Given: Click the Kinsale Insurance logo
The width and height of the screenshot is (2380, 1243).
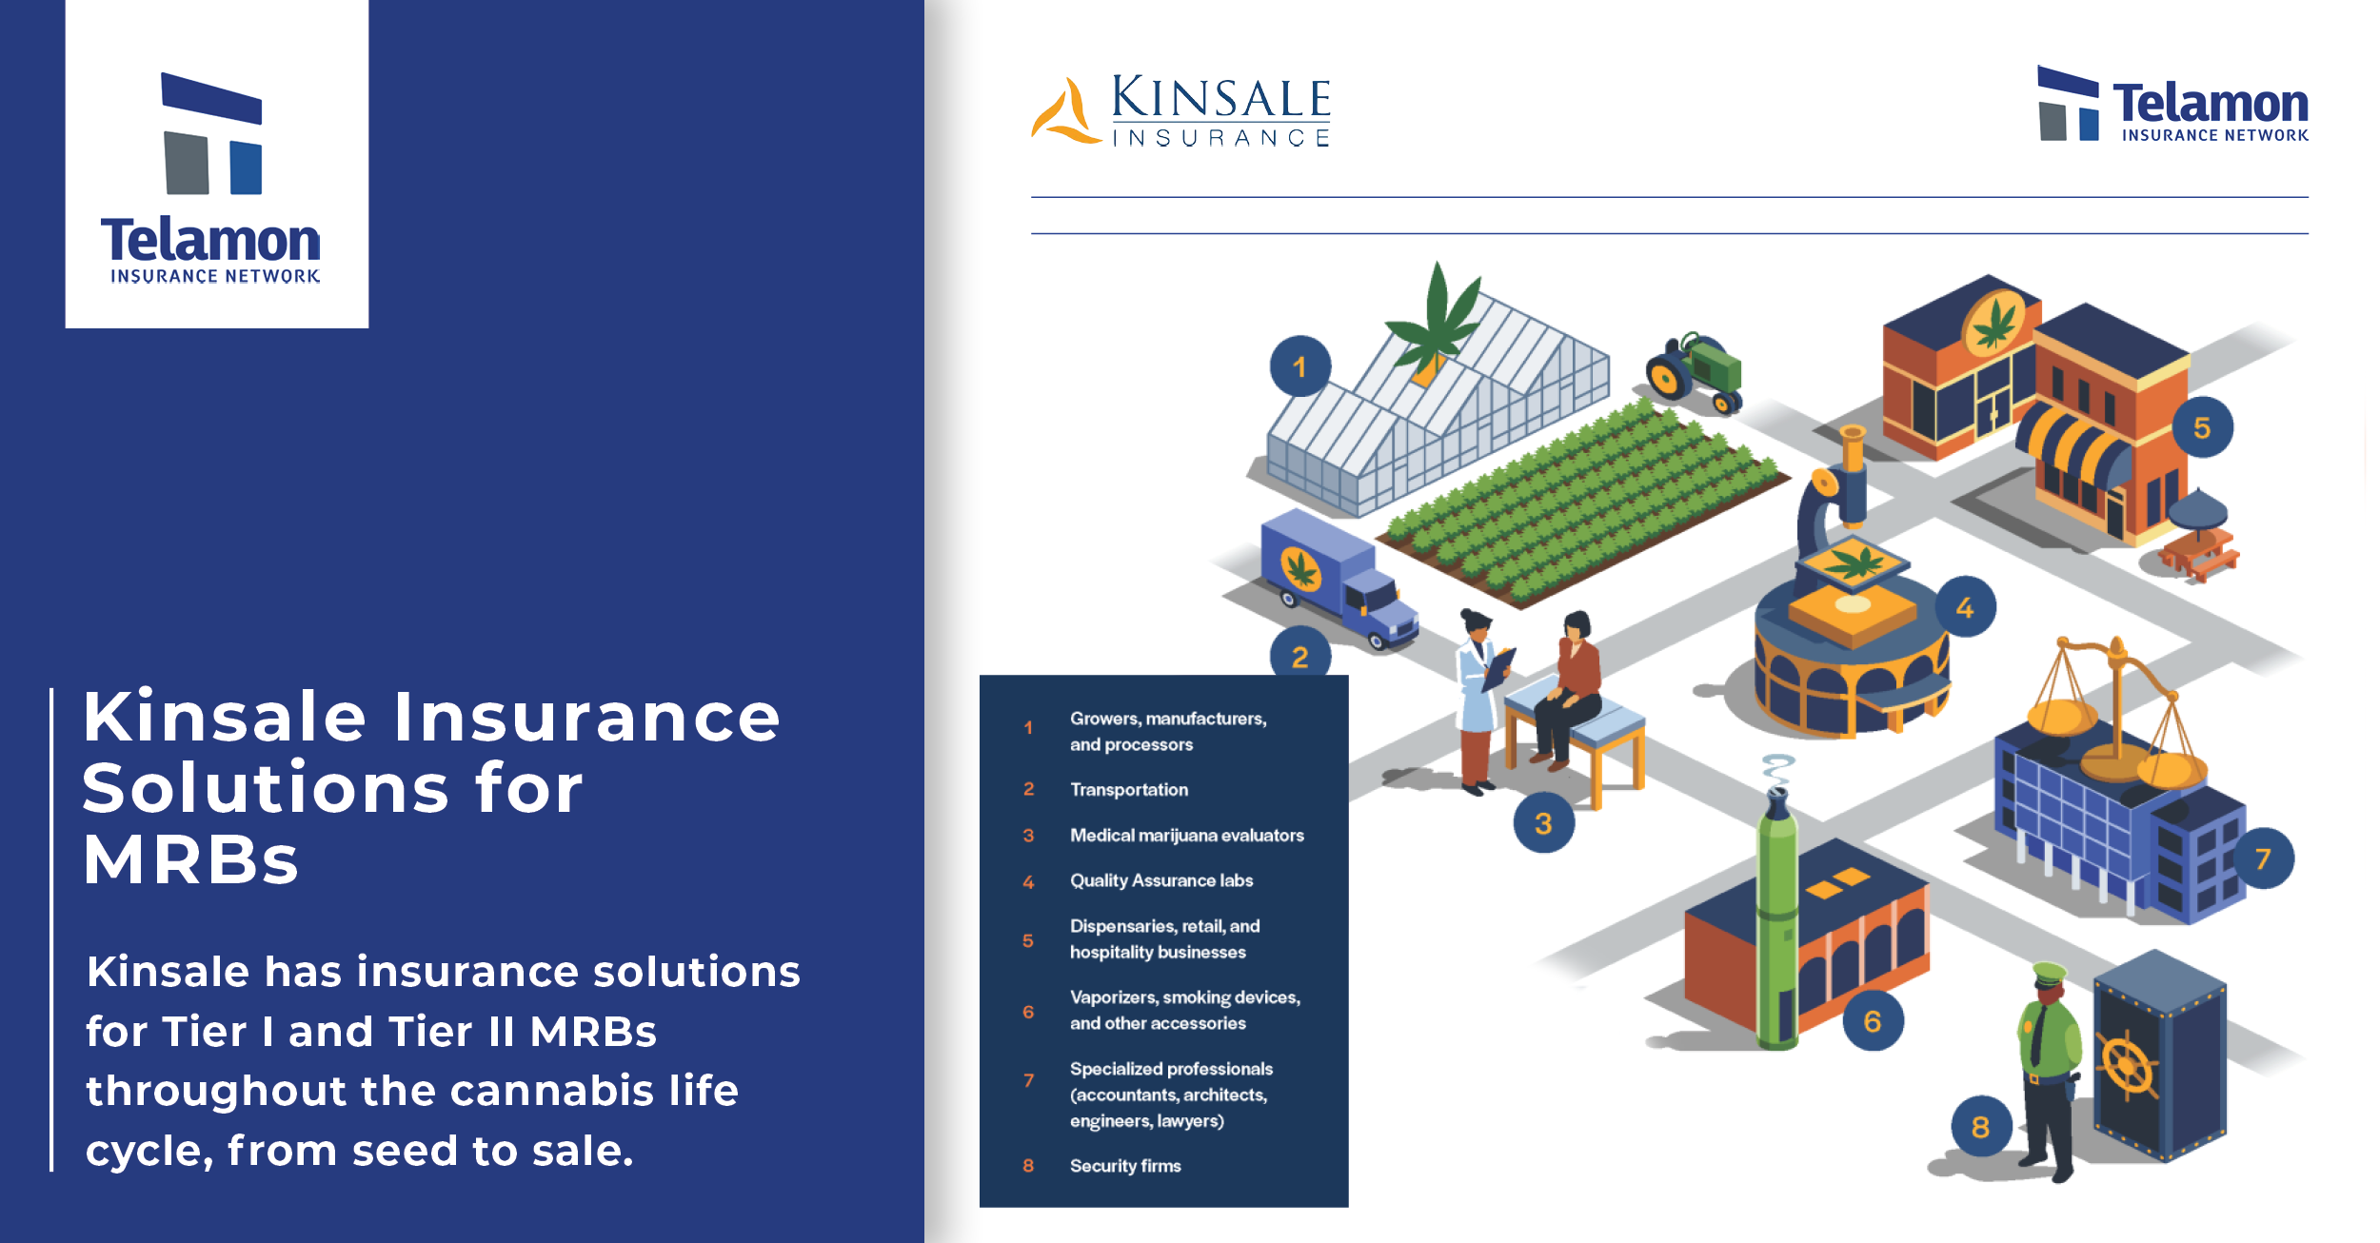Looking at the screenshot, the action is [1181, 110].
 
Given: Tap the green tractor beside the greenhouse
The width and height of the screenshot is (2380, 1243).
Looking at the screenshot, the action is [1695, 374].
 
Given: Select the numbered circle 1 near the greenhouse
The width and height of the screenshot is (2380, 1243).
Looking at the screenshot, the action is [1300, 366].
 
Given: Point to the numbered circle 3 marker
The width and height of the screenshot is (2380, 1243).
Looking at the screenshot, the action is [1543, 822].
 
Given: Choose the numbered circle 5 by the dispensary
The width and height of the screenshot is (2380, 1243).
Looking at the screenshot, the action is [2202, 427].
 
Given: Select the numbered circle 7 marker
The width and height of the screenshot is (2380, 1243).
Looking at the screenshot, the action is [2263, 858].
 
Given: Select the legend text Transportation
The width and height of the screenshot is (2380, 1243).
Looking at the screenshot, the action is [1129, 789].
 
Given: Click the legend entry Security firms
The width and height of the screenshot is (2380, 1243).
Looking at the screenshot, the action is [1125, 1166].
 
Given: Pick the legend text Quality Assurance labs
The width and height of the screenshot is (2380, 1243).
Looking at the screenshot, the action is [1161, 880].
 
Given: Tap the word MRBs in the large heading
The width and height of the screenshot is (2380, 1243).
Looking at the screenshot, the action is [191, 859].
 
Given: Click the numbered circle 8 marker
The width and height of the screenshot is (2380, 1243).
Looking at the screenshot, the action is [1981, 1127].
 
